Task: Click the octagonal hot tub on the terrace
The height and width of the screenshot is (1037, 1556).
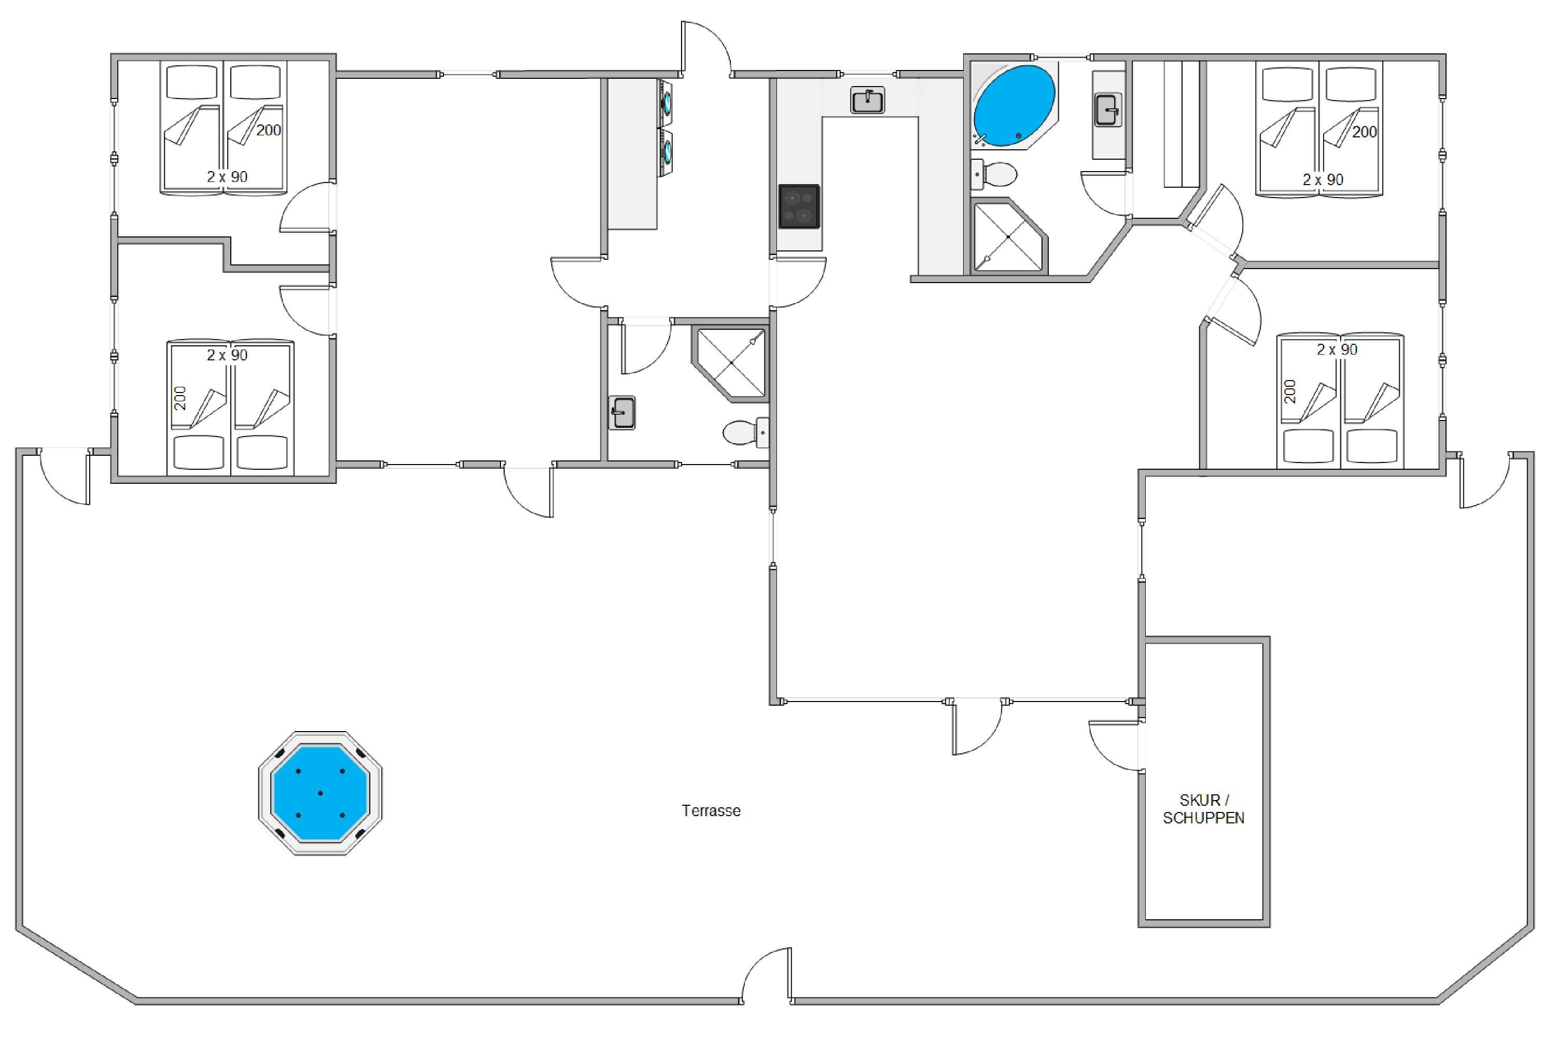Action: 320,793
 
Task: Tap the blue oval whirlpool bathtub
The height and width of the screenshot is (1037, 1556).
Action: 1013,106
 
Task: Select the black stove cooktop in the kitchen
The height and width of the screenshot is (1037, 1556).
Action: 799,206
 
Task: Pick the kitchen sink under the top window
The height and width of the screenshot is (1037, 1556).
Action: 867,101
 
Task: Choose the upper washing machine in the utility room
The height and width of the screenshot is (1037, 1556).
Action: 665,102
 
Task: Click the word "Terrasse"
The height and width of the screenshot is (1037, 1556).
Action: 711,811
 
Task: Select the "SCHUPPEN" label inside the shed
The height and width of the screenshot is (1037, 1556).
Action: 1203,818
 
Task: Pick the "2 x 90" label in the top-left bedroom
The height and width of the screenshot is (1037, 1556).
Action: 227,177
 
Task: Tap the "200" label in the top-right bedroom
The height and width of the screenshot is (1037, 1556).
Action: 1364,132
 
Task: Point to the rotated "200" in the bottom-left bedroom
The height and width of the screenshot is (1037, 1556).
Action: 180,398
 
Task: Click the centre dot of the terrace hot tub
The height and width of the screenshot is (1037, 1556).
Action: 320,793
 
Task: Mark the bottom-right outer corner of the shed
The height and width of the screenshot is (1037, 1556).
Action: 1270,927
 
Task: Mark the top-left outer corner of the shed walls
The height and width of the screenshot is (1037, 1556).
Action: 1138,636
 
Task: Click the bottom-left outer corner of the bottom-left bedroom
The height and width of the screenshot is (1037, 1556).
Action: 110,483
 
